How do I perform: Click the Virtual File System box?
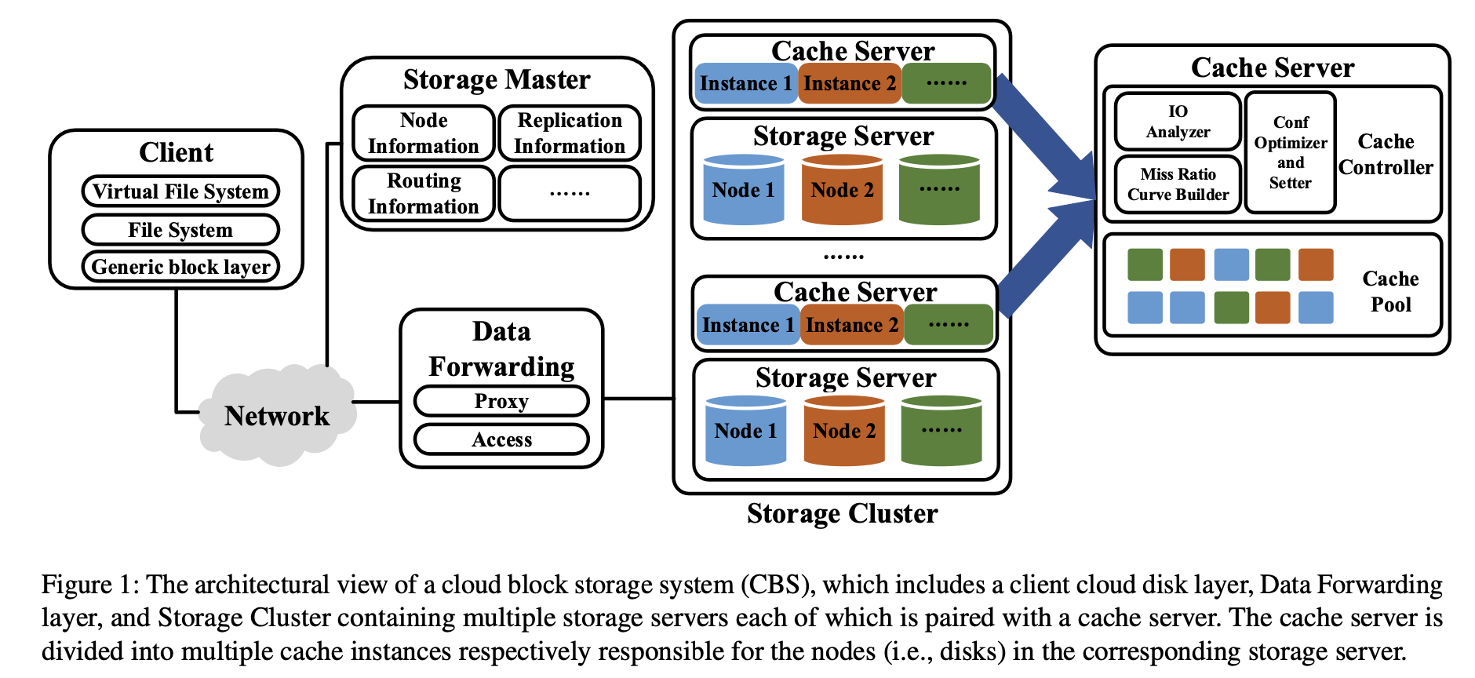180,191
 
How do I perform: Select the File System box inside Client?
180,230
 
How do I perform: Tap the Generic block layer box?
180,267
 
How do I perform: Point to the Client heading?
177,152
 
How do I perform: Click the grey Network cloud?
277,415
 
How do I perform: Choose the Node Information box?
424,133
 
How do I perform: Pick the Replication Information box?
570,133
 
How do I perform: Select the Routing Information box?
424,193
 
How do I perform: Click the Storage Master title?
497,80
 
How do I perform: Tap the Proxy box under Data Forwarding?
501,401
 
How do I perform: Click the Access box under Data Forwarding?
501,439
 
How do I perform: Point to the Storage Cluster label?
842,513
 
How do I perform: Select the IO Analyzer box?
1178,122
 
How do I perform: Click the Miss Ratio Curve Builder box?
1178,184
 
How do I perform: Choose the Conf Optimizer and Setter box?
1291,153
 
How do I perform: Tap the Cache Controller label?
1386,155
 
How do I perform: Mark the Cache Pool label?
1390,292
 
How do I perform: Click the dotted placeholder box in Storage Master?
570,193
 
